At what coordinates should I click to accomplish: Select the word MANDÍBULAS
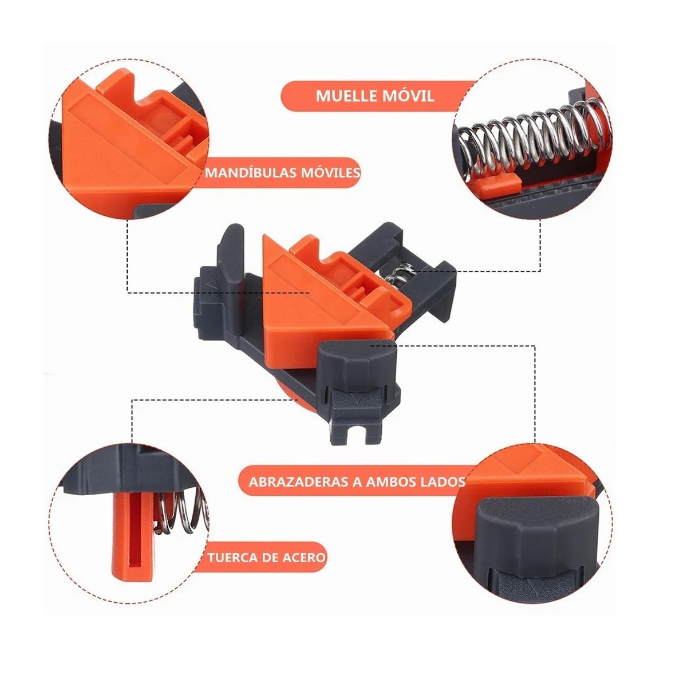[x=250, y=172]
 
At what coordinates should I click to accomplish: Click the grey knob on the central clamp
[x=353, y=364]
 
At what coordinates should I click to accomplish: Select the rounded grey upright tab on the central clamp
[x=232, y=254]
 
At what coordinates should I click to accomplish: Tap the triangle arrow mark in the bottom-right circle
[x=532, y=586]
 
